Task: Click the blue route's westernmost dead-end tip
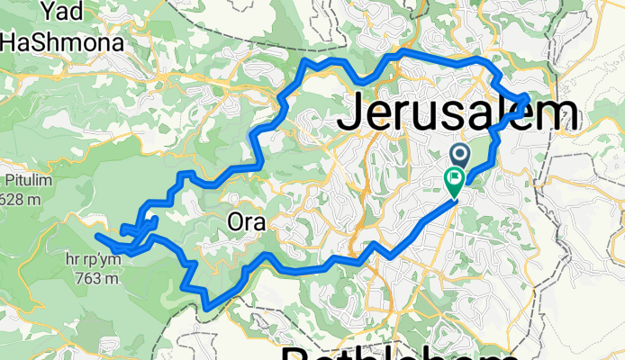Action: coord(96,237)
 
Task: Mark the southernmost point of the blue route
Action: coord(206,308)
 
